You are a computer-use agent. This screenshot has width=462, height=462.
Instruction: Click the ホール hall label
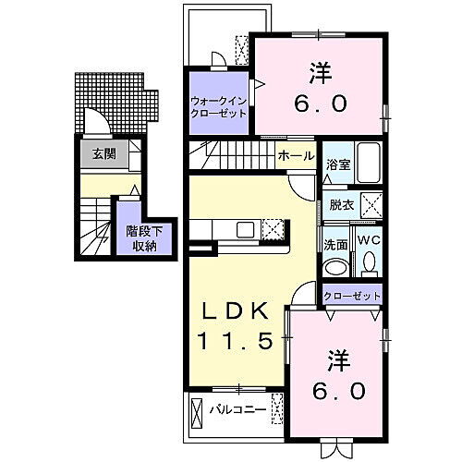pos(296,157)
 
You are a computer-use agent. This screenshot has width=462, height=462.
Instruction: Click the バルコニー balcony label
pos(237,408)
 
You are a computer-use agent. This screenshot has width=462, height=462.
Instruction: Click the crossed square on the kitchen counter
pos(273,231)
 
